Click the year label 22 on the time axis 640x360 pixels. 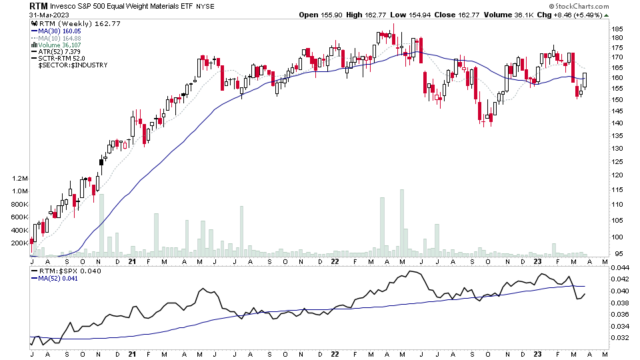335,261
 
